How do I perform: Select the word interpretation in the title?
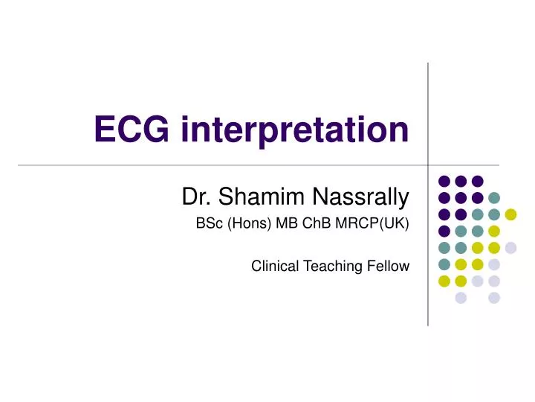tap(293, 132)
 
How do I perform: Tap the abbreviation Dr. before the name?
tap(195, 197)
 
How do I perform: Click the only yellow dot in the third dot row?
tap(510, 214)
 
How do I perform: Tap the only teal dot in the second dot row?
tap(494, 198)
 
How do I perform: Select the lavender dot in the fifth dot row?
tap(510, 248)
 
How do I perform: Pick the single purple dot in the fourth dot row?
tap(444, 231)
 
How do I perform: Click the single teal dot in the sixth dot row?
tap(444, 264)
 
